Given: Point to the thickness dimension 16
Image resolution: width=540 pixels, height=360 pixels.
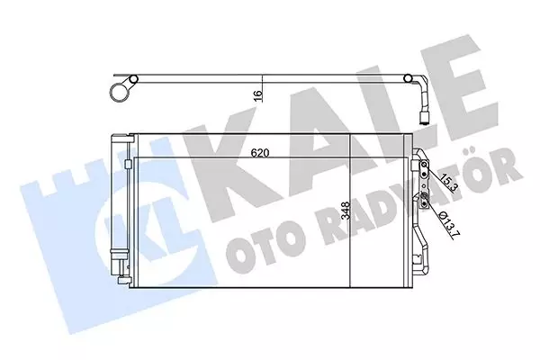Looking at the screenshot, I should [257, 94].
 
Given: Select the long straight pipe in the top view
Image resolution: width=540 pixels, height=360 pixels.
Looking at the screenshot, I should [270, 82].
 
